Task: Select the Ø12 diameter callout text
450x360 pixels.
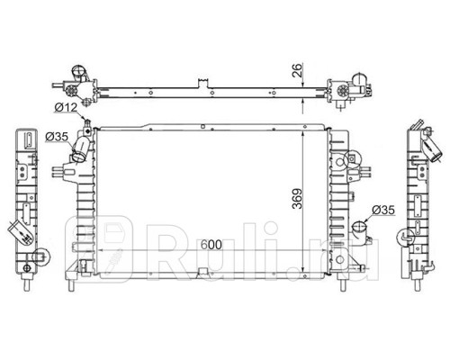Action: (65, 109)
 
